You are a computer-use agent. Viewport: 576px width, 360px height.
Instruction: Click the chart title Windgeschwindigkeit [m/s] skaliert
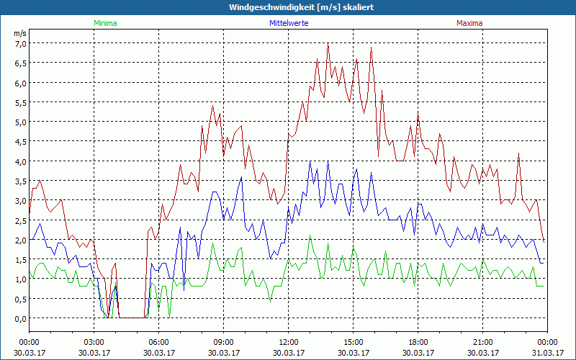pyautogui.click(x=288, y=7)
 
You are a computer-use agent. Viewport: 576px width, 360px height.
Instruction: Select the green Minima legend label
pyautogui.click(x=105, y=23)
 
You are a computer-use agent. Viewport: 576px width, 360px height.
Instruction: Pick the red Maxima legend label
pyautogui.click(x=469, y=23)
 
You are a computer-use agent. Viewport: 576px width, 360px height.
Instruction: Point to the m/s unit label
pyautogui.click(x=19, y=33)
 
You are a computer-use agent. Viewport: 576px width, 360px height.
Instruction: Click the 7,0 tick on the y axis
pyautogui.click(x=20, y=43)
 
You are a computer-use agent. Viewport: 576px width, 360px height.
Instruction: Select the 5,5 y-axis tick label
pyautogui.click(x=20, y=102)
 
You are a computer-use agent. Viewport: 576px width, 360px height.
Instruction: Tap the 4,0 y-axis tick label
pyautogui.click(x=20, y=161)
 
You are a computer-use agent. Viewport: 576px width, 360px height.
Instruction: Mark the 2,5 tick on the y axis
pyautogui.click(x=20, y=220)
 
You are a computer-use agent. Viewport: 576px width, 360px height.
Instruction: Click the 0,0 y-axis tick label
pyautogui.click(x=20, y=318)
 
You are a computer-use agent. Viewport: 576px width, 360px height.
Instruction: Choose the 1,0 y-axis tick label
pyautogui.click(x=20, y=279)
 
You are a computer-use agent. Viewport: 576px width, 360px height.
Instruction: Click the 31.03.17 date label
pyautogui.click(x=547, y=353)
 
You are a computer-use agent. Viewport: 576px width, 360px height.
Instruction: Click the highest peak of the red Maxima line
pyautogui.click(x=328, y=44)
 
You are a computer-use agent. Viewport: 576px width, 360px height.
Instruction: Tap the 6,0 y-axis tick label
pyautogui.click(x=20, y=83)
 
